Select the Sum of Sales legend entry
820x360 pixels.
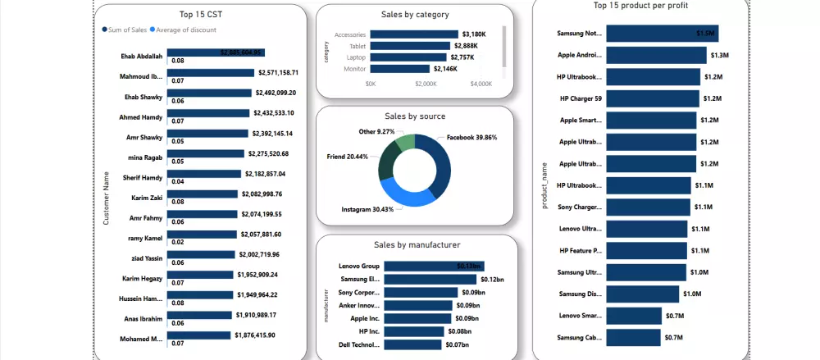click(127, 30)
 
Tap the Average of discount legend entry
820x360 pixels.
click(188, 30)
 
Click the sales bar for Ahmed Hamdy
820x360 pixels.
click(208, 113)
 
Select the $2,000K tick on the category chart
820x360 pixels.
click(426, 84)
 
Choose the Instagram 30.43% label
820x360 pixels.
click(367, 210)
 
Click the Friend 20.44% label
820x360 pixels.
click(348, 156)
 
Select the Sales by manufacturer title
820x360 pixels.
click(417, 244)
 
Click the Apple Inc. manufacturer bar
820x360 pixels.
click(420, 318)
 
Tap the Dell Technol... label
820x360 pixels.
click(358, 344)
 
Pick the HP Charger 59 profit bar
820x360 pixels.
click(653, 98)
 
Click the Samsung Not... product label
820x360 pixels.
click(579, 34)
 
